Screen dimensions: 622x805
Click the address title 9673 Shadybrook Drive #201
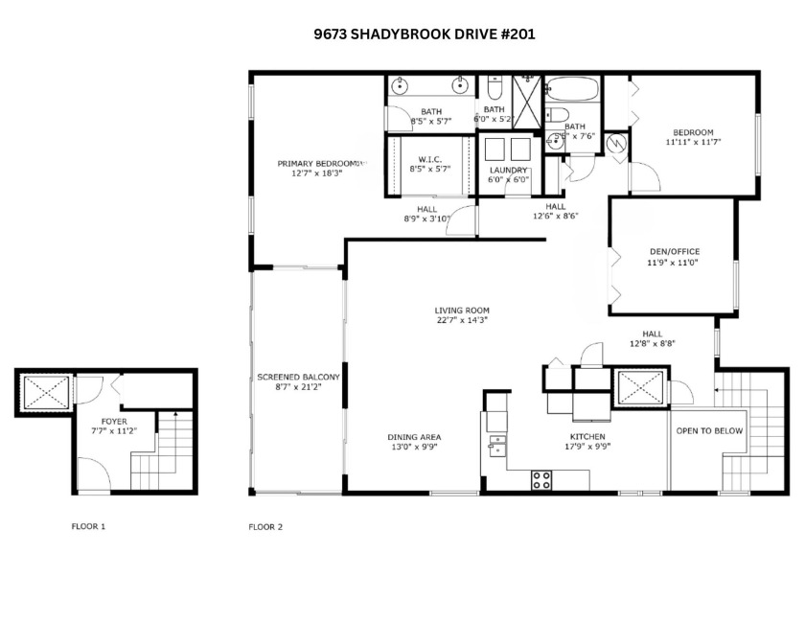click(425, 34)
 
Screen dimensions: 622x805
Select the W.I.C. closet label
click(428, 160)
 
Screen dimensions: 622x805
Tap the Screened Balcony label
click(296, 377)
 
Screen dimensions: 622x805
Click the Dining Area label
click(414, 436)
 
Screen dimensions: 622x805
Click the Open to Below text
click(709, 430)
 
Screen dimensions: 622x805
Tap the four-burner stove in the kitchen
click(541, 479)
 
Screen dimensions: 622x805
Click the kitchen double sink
click(496, 447)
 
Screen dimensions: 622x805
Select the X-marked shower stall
click(526, 96)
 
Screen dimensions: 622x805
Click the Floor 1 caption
click(88, 526)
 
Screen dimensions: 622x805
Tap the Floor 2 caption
click(265, 526)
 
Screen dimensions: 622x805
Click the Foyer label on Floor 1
click(114, 421)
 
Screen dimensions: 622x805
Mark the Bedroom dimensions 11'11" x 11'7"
click(693, 142)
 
